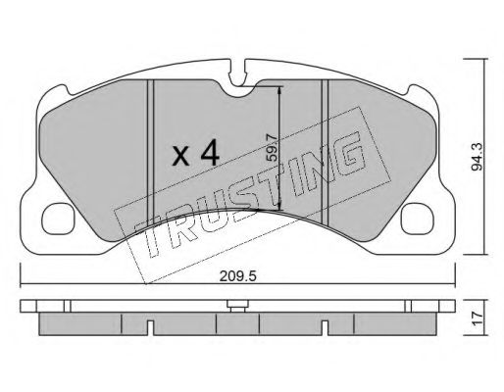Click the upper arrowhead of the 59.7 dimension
click(281, 88)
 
